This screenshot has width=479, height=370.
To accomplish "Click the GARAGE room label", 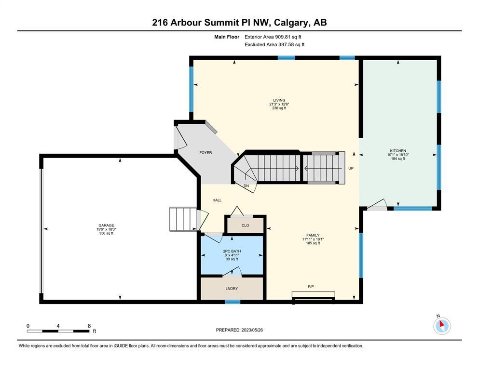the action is pyautogui.click(x=106, y=225).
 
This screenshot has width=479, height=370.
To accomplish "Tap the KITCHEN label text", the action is pyautogui.click(x=398, y=151).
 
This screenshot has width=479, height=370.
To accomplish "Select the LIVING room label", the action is pyautogui.click(x=279, y=100).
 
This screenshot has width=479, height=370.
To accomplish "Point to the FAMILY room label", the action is pyautogui.click(x=313, y=235).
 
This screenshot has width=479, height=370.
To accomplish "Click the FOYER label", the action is pyautogui.click(x=205, y=153).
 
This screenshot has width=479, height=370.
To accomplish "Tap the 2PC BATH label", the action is pyautogui.click(x=232, y=251).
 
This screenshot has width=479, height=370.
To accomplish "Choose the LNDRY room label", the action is pyautogui.click(x=232, y=288).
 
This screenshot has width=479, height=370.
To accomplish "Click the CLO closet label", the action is pyautogui.click(x=246, y=225).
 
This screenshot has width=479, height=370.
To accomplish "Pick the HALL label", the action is pyautogui.click(x=217, y=200).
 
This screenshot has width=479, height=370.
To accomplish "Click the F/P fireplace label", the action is pyautogui.click(x=311, y=287).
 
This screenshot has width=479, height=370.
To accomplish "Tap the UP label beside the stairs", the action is pyautogui.click(x=351, y=168).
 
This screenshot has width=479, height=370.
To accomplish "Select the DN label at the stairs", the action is pyautogui.click(x=246, y=186).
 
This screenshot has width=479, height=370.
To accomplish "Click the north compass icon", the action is pyautogui.click(x=442, y=326).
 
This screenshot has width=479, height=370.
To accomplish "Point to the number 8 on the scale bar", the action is pyautogui.click(x=89, y=326).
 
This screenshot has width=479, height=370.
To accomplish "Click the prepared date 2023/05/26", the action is pyautogui.click(x=252, y=330).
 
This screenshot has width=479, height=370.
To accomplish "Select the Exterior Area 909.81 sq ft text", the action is pyautogui.click(x=273, y=37).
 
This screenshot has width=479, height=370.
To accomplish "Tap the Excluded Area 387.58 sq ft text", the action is pyautogui.click(x=274, y=44).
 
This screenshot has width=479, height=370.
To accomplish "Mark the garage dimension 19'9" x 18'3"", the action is pyautogui.click(x=106, y=229).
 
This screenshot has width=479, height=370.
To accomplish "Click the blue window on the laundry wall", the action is pyautogui.click(x=233, y=302).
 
